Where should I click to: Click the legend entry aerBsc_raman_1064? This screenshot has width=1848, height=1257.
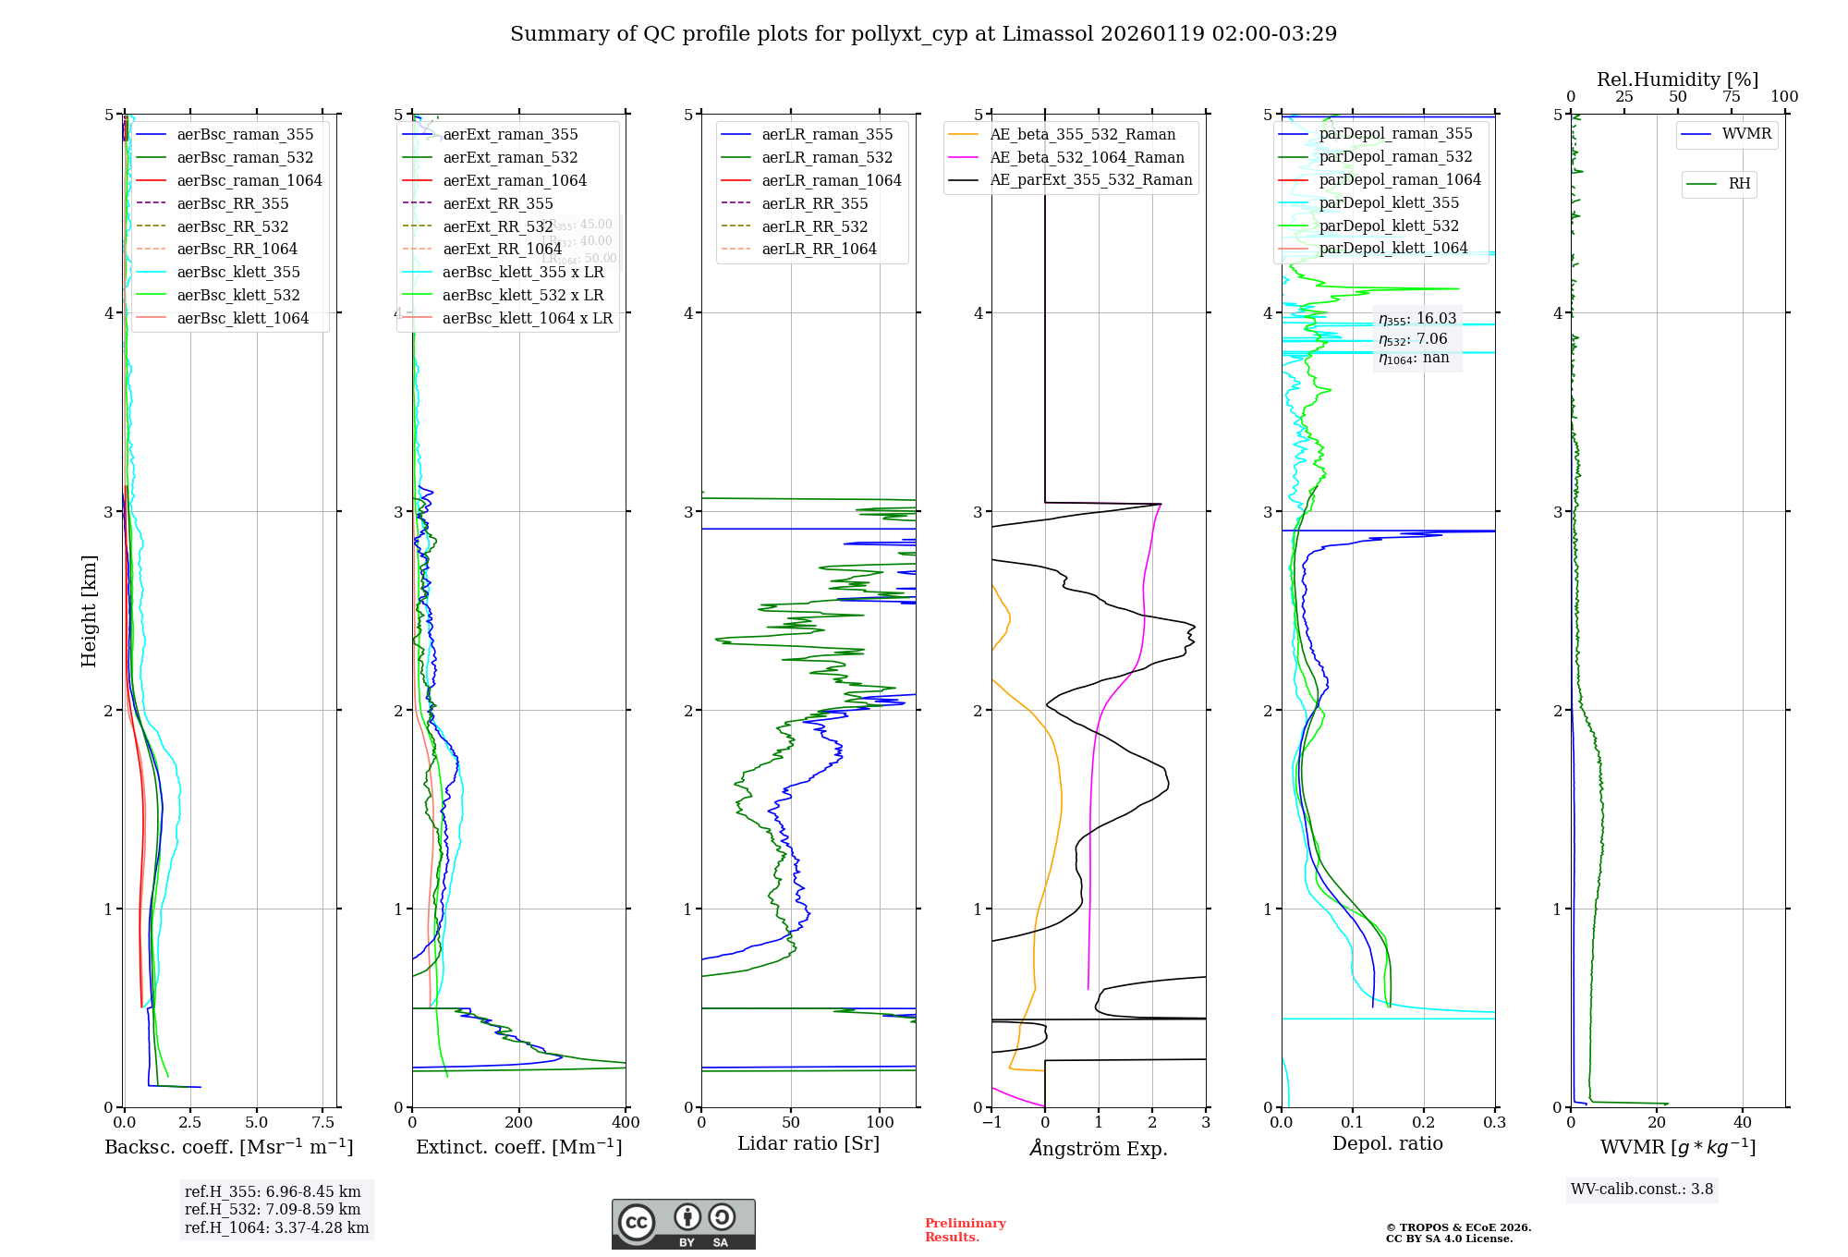(249, 180)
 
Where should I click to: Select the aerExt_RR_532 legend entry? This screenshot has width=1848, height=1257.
(497, 226)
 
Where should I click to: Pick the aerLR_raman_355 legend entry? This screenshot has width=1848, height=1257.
(827, 135)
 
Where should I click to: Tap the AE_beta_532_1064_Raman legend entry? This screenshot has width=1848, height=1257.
(1087, 158)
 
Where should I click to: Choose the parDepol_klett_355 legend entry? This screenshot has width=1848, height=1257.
(1389, 202)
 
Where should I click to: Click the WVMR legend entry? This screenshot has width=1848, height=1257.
(1746, 134)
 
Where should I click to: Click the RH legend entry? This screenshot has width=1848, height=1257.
(1739, 184)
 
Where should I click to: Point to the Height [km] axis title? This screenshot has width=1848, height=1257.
(89, 611)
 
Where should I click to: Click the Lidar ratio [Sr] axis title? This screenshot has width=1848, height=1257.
(808, 1143)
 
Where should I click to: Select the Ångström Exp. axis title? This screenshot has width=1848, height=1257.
(1099, 1148)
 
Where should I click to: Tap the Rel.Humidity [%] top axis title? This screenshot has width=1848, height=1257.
(1677, 79)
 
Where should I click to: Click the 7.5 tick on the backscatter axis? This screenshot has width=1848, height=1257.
(323, 1122)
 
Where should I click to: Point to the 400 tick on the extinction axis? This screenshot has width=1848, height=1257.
(626, 1122)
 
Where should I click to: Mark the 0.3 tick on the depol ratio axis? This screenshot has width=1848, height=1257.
(1494, 1122)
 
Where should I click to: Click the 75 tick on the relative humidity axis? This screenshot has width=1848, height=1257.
(1731, 97)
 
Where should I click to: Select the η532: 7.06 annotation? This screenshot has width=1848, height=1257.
(1413, 339)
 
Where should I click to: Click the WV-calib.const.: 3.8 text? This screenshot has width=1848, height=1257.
(1641, 1190)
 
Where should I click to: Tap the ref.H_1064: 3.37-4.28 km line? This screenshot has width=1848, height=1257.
(276, 1227)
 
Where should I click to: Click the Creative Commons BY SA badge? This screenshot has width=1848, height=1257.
(683, 1224)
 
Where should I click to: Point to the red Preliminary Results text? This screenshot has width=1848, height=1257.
(965, 1229)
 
